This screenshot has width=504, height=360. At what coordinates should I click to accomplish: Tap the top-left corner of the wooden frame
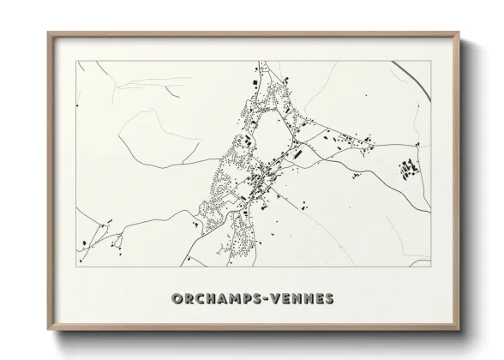[x=49, y=33]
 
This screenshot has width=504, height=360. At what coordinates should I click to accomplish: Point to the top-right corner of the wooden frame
[x=460, y=33]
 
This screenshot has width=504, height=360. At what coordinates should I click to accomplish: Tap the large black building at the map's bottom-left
[x=84, y=244]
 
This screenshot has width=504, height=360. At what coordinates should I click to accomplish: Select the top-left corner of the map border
[x=78, y=61]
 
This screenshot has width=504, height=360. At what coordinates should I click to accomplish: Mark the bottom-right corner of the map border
[x=430, y=267]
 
